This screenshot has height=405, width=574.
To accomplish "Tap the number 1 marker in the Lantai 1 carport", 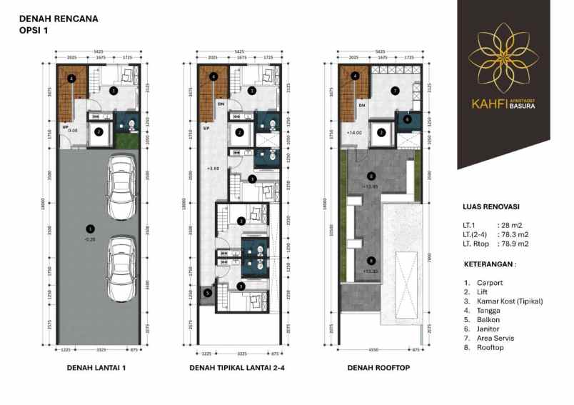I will pos(89,229).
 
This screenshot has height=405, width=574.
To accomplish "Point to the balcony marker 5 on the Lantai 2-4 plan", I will pos(207,291).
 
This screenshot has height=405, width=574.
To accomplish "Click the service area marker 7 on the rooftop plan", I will pos(394,91).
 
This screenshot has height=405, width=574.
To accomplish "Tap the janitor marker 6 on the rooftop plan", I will pos(407,120).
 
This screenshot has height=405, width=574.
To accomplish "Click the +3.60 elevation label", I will pos(211,169).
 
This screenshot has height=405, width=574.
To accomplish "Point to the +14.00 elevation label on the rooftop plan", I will pos(355,133).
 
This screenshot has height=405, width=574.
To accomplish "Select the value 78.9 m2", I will pos(515,244).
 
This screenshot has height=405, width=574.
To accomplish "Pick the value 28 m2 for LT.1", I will pos(508,225).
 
